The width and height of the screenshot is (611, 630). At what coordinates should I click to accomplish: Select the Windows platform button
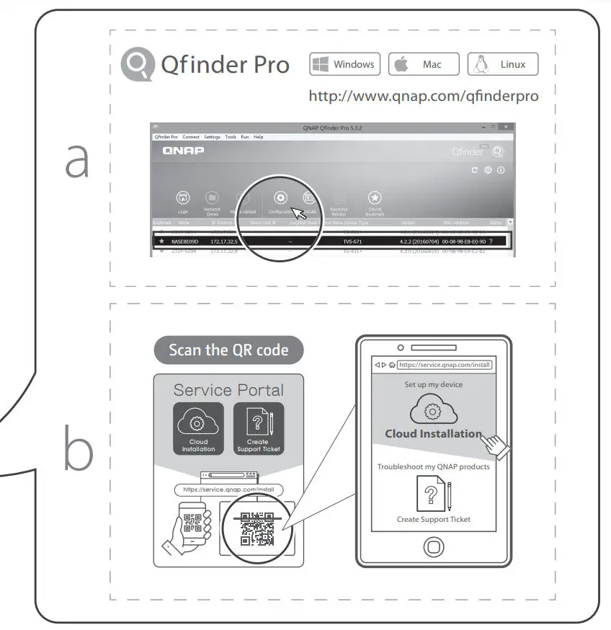tap(344, 64)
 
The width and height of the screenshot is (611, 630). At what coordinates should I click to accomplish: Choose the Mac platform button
tap(424, 64)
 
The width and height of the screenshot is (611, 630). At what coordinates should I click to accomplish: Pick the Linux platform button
tap(502, 64)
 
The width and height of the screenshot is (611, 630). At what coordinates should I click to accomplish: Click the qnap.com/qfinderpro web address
tap(423, 96)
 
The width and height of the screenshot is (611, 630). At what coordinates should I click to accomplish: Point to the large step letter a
tap(77, 161)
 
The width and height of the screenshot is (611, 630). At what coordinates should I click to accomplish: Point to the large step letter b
tap(78, 451)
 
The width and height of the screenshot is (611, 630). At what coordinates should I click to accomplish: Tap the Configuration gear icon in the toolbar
tap(281, 198)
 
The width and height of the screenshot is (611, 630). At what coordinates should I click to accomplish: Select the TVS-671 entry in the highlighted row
tap(353, 241)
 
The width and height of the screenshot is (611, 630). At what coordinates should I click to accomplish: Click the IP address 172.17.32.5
tap(225, 241)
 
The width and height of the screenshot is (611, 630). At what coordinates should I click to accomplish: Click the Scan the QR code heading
tap(228, 350)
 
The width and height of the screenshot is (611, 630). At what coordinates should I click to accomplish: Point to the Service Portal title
tap(228, 390)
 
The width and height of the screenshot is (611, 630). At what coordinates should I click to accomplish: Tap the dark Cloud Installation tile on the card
tap(198, 429)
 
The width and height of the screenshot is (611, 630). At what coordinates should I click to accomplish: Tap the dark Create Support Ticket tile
tap(258, 429)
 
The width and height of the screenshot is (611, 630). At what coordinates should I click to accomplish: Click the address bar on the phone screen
tap(442, 365)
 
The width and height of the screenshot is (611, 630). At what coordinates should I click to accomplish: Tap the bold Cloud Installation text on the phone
tap(433, 434)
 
